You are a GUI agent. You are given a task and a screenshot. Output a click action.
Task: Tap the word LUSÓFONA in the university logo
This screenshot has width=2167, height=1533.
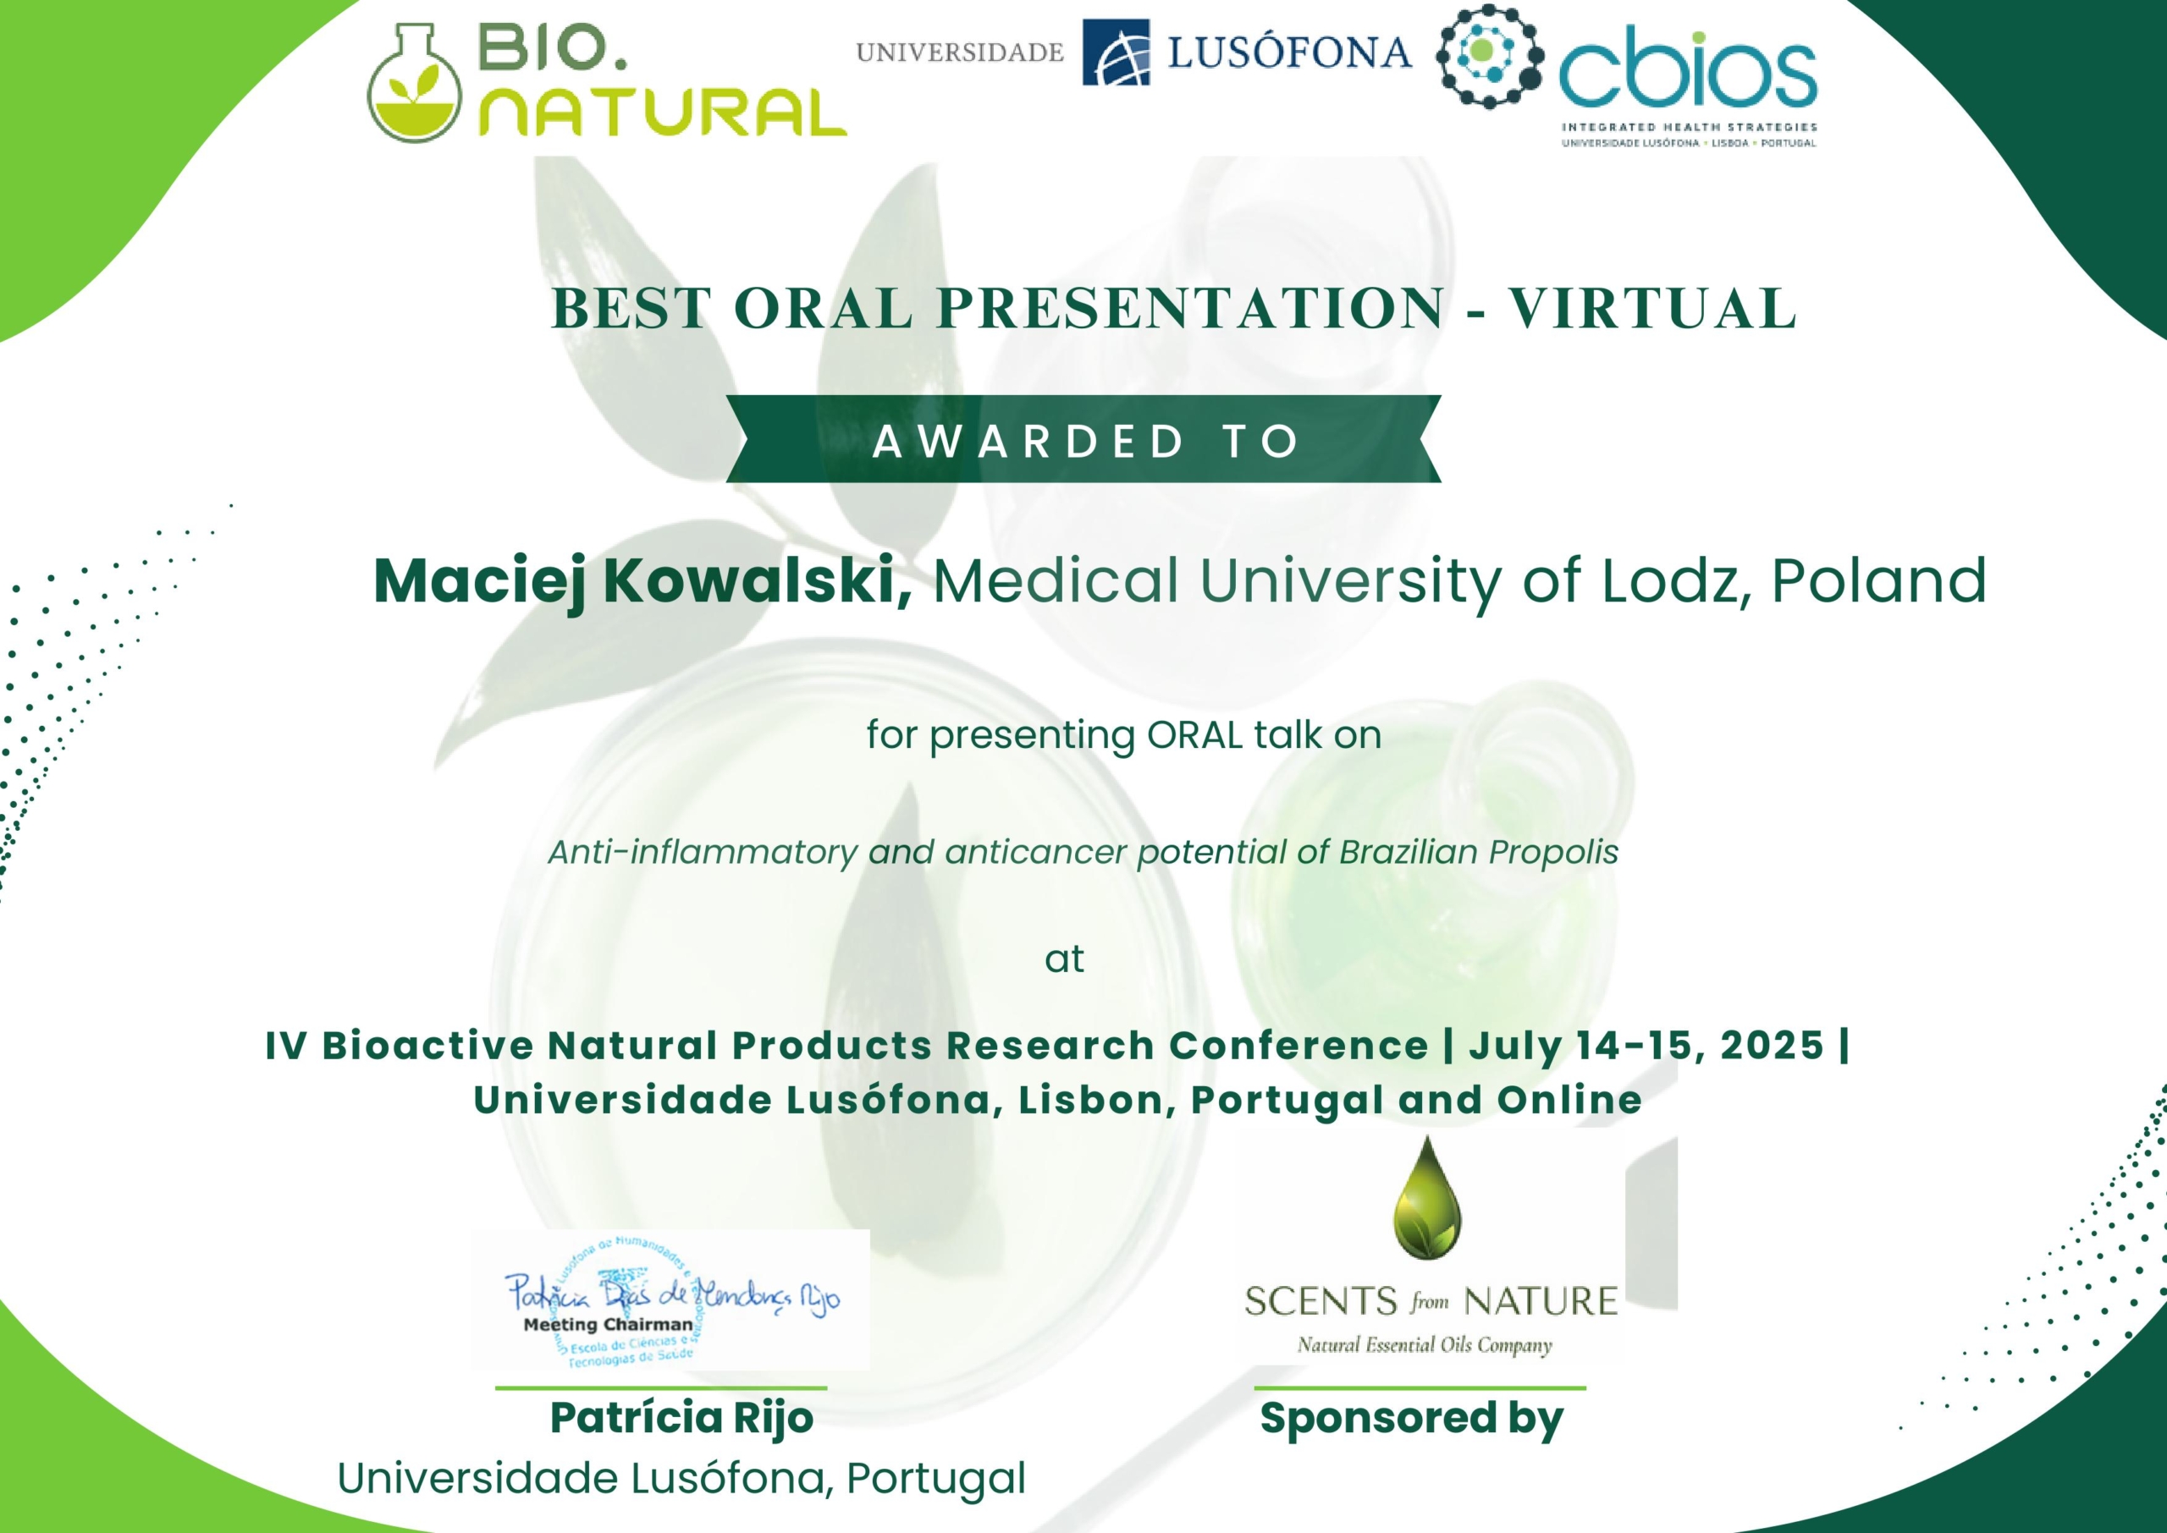point(1290,52)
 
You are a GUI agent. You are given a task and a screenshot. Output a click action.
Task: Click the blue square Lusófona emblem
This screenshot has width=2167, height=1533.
point(1116,52)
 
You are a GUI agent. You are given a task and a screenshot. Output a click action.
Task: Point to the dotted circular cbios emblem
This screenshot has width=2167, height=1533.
point(1490,56)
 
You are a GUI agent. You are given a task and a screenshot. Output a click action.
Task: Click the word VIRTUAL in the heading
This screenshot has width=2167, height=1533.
point(1652,309)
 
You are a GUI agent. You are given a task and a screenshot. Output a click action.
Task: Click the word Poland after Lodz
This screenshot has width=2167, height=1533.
point(1879,580)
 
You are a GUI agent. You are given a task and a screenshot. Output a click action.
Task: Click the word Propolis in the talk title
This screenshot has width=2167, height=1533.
point(1553,854)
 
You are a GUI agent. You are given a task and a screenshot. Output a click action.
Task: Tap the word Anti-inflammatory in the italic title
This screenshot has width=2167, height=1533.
point(703,853)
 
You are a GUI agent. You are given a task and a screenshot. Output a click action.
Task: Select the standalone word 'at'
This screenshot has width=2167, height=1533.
point(1064,959)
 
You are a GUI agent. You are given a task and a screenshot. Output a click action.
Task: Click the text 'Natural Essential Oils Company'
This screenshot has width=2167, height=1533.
point(1425,1344)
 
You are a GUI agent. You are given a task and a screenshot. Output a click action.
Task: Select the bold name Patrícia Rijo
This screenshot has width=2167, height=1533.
point(681,1419)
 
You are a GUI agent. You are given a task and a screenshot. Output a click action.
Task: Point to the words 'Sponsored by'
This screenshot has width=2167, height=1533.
point(1412,1419)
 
